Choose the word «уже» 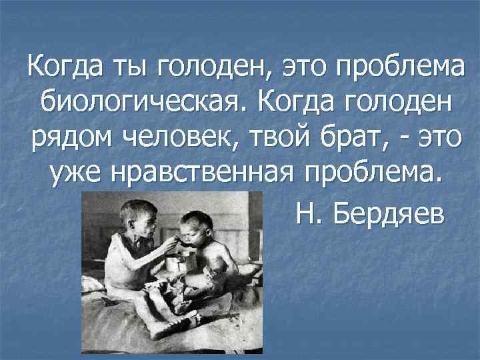[71, 175]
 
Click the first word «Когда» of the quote [61, 67]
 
